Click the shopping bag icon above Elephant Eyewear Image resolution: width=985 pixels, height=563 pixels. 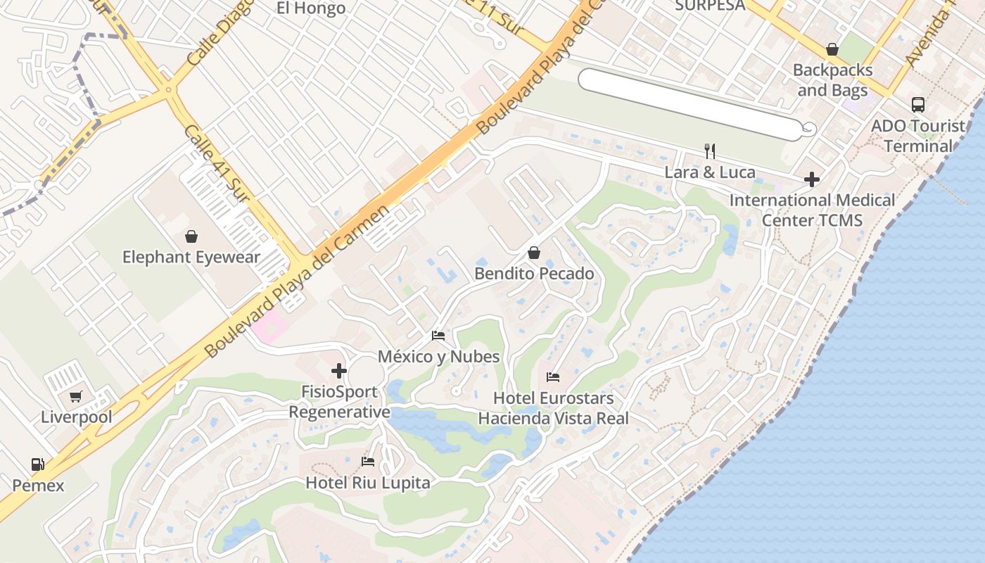[x=191, y=236]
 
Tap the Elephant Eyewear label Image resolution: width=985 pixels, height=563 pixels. [x=191, y=258]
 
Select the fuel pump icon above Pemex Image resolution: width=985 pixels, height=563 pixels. [x=38, y=464]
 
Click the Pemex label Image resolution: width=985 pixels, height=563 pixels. [x=38, y=486]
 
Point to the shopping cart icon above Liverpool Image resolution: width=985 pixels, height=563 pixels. [x=76, y=396]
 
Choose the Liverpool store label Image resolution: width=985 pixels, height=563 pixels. [x=76, y=417]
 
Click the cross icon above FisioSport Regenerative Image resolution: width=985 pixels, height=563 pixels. [x=339, y=371]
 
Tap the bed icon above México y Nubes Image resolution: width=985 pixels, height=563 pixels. [x=438, y=336]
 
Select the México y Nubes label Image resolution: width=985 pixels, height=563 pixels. [x=439, y=357]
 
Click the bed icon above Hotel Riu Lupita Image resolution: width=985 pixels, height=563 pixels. [x=367, y=462]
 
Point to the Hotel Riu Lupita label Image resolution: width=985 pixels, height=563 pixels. [x=367, y=483]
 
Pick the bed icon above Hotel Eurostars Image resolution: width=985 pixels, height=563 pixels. [x=553, y=377]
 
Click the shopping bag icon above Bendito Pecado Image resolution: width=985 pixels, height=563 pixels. [x=534, y=253]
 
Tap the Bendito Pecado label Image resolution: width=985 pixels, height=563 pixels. [x=534, y=274]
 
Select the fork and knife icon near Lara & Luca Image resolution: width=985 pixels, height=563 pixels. [x=710, y=151]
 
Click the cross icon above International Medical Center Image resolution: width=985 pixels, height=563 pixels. [x=812, y=179]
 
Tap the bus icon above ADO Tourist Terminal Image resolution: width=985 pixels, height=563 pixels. [x=918, y=105]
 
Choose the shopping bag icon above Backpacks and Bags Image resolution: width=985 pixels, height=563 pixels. [x=832, y=49]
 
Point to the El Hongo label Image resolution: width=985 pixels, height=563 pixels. [x=311, y=8]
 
